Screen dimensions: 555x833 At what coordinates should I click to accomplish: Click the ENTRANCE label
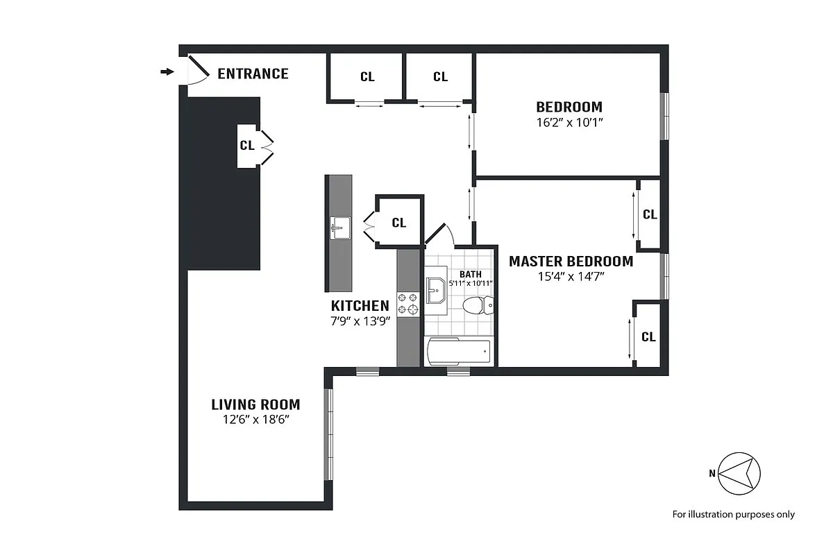pyautogui.click(x=253, y=74)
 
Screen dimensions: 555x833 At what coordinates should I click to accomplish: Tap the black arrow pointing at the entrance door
pyautogui.click(x=167, y=71)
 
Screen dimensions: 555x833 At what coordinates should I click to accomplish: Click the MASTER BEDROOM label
pyautogui.click(x=571, y=262)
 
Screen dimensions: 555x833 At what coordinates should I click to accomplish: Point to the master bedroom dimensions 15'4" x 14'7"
pyautogui.click(x=571, y=277)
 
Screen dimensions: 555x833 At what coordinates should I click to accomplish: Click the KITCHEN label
pyautogui.click(x=360, y=306)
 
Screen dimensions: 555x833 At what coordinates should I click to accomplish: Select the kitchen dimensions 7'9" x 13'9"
pyautogui.click(x=360, y=321)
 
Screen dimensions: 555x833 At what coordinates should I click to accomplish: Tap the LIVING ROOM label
pyautogui.click(x=255, y=404)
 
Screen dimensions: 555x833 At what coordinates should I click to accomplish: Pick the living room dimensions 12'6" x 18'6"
pyautogui.click(x=255, y=420)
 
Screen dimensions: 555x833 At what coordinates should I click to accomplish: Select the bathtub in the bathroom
pyautogui.click(x=459, y=352)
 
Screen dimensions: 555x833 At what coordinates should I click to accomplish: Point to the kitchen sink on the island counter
pyautogui.click(x=340, y=227)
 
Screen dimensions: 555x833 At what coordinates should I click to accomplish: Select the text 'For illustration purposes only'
pyautogui.click(x=733, y=515)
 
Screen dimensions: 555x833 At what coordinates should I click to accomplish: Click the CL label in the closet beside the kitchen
pyautogui.click(x=398, y=223)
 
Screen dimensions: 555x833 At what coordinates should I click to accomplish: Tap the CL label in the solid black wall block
pyautogui.click(x=246, y=146)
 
